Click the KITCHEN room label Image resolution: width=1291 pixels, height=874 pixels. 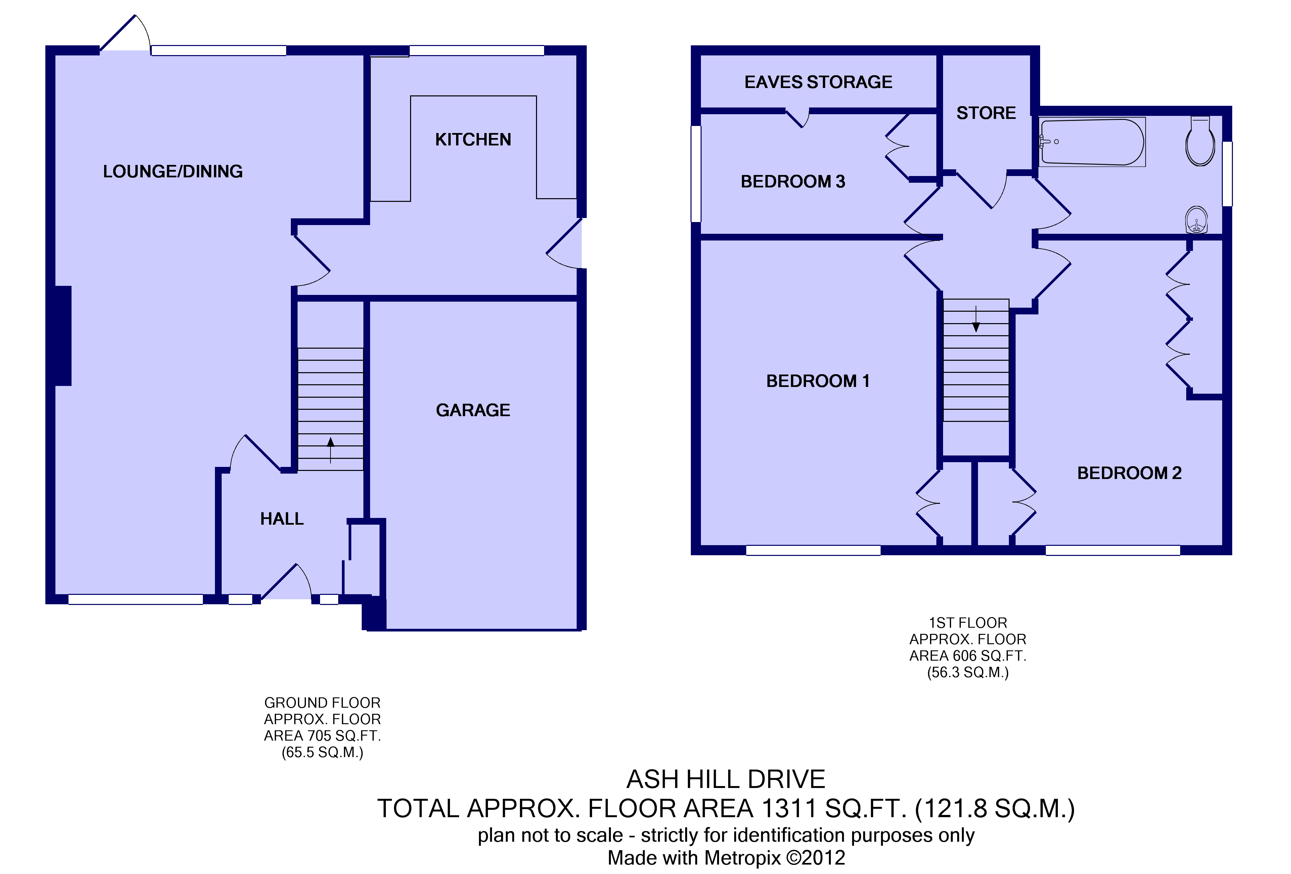(x=473, y=139)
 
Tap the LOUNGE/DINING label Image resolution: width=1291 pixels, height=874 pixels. (x=173, y=171)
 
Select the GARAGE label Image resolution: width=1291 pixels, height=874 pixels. (x=473, y=410)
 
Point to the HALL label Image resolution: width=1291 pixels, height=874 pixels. (x=282, y=519)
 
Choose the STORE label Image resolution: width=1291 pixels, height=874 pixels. (x=986, y=113)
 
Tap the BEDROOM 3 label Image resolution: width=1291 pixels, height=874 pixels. (x=793, y=182)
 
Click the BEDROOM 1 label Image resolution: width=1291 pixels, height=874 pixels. (x=818, y=381)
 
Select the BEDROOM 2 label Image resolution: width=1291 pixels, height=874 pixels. (x=1129, y=473)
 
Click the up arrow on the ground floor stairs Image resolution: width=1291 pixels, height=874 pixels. (x=330, y=450)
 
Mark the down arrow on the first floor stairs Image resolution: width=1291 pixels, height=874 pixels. (x=976, y=318)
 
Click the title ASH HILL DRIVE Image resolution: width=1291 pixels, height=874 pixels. (x=726, y=780)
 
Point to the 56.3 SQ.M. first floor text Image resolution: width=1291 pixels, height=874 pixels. (x=968, y=672)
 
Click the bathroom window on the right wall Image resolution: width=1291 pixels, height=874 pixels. (x=1228, y=174)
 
